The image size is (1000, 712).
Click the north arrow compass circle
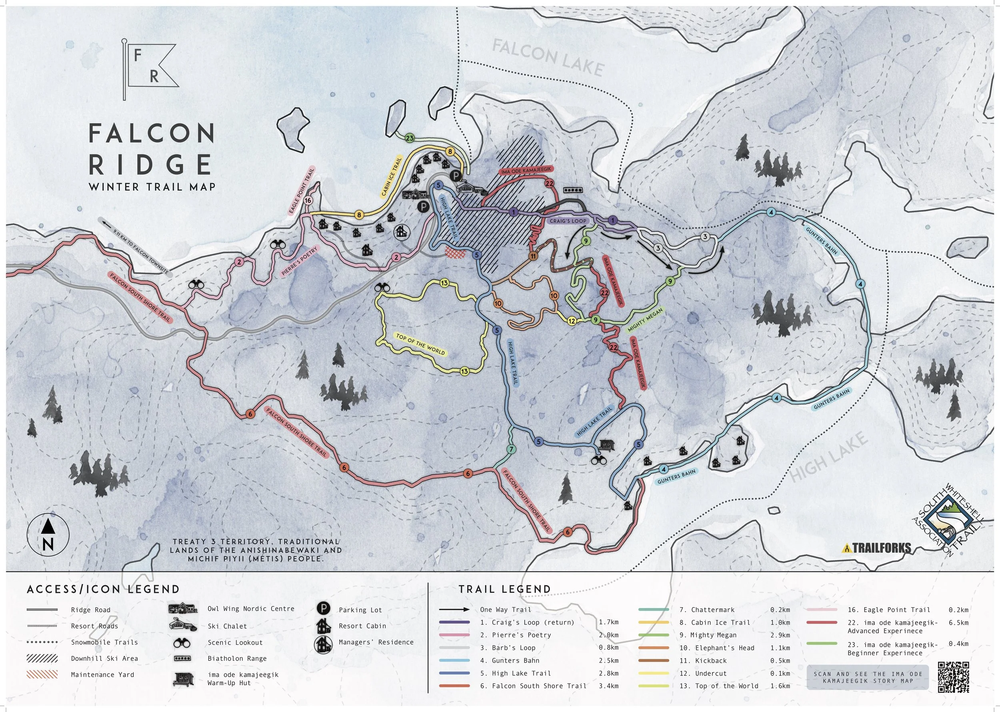48,535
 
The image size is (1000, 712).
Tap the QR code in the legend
953,677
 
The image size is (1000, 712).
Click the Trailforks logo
876,548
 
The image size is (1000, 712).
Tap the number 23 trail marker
410,138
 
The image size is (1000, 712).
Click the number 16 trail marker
308,201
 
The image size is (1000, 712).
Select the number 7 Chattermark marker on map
511,449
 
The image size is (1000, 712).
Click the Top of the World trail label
420,344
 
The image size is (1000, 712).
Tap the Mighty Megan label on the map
645,319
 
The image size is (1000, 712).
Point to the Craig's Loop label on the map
568,221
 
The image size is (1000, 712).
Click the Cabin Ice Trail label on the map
391,176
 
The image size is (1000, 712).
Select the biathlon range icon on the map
573,190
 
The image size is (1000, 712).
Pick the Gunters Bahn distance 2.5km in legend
608,660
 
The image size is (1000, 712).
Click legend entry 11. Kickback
710,660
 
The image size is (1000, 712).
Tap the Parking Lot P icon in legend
323,609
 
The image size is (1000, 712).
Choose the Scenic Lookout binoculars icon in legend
182,643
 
